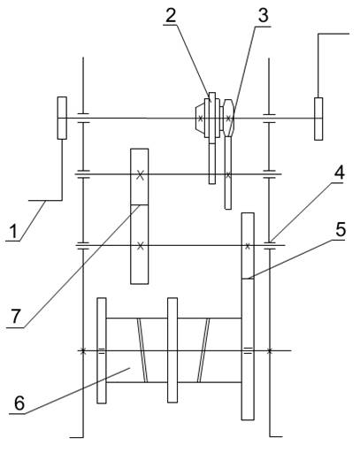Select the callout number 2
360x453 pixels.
(x=171, y=15)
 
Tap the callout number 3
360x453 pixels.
(x=263, y=16)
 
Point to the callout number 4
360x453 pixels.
(x=339, y=173)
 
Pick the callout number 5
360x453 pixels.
(x=341, y=229)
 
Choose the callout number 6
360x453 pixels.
(x=19, y=403)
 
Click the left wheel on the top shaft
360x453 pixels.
(x=62, y=118)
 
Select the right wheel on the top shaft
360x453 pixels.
(x=318, y=119)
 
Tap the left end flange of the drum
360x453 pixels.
(x=102, y=350)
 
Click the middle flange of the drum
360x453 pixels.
(x=172, y=350)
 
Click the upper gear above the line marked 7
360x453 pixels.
(x=140, y=177)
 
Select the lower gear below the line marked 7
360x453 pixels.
(x=140, y=244)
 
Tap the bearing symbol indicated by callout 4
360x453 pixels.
(x=269, y=245)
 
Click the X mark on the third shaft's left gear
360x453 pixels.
(x=141, y=246)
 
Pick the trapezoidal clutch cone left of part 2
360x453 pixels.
(x=200, y=119)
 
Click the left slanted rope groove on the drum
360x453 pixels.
(x=142, y=350)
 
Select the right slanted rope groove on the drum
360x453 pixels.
(x=203, y=350)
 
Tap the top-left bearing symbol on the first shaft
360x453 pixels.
(x=83, y=118)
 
